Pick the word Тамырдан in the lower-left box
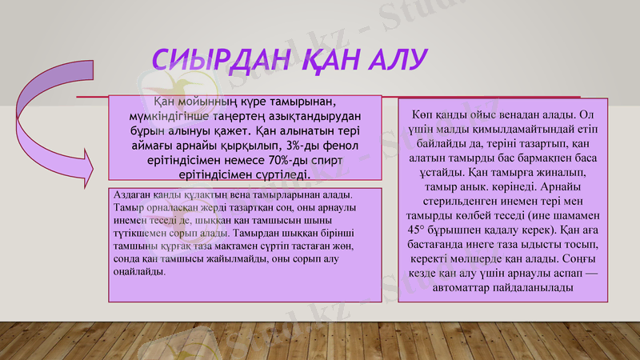[248, 234]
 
